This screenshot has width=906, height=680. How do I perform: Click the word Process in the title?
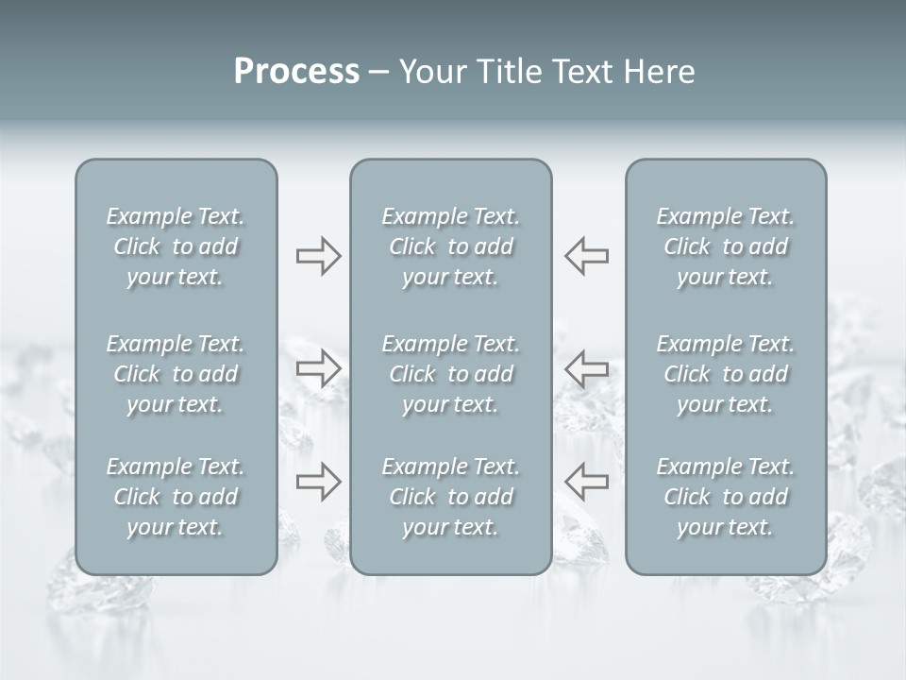click(x=296, y=72)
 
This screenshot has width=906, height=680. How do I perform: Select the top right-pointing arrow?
click(x=318, y=256)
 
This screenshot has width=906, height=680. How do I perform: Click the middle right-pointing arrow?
click(x=318, y=368)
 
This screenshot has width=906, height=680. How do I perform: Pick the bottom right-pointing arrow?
click(x=318, y=482)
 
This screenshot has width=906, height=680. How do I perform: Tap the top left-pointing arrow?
click(x=586, y=256)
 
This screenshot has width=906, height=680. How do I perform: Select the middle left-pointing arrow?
click(x=586, y=368)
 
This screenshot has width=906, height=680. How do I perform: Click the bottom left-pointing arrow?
click(x=586, y=482)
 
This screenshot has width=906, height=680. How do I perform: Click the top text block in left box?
click(x=176, y=246)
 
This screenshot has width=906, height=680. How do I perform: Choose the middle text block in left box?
click(x=176, y=374)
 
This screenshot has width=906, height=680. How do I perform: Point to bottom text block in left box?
click(x=176, y=497)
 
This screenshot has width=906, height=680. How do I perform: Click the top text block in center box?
click(x=450, y=246)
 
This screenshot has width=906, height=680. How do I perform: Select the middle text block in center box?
click(x=450, y=374)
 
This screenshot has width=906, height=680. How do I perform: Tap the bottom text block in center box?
click(x=450, y=497)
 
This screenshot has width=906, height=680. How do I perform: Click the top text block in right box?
click(x=726, y=246)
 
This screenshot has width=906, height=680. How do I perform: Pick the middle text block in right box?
click(x=726, y=374)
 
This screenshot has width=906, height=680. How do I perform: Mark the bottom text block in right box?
click(x=726, y=497)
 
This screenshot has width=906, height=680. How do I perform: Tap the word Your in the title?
click(x=431, y=72)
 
